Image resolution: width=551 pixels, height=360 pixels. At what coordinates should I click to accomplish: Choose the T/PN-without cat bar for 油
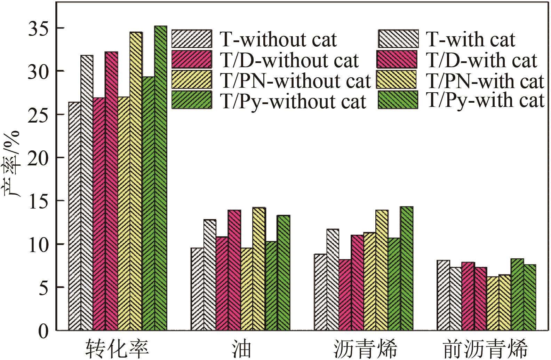click(247, 289)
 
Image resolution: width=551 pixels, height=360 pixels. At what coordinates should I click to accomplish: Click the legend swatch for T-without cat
click(192, 39)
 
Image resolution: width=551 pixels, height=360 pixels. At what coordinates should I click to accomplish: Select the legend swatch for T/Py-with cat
click(397, 100)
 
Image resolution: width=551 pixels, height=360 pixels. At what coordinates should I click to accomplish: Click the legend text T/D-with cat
click(482, 61)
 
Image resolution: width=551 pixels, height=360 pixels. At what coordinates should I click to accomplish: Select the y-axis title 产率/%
click(13, 164)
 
